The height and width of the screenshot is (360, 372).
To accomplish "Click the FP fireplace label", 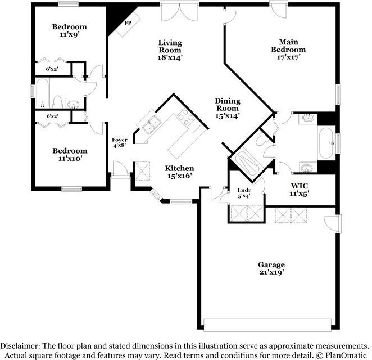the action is (x=128, y=23).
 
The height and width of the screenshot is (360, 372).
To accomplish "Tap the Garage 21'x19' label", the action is (x=271, y=268).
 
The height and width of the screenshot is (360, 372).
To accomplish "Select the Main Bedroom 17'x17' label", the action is (x=288, y=49).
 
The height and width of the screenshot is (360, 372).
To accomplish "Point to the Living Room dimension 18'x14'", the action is (x=170, y=58).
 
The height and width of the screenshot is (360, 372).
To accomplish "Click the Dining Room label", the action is (x=228, y=105).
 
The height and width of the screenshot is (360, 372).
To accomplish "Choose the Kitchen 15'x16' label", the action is (x=180, y=172).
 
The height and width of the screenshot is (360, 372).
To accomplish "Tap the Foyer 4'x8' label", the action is (x=120, y=142).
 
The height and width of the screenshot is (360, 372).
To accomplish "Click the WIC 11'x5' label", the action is (x=300, y=190).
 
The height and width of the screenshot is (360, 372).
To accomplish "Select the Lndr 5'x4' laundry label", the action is (x=244, y=193).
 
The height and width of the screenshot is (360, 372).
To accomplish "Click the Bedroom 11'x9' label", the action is (x=69, y=30).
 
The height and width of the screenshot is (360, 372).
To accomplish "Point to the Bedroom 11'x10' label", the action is (x=70, y=155).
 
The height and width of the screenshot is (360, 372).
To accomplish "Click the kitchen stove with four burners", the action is (x=185, y=118).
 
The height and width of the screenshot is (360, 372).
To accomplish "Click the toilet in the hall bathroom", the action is (x=57, y=102).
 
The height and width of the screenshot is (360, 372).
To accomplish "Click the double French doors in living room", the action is (x=179, y=12).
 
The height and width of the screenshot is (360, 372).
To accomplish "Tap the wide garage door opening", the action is (x=267, y=325).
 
